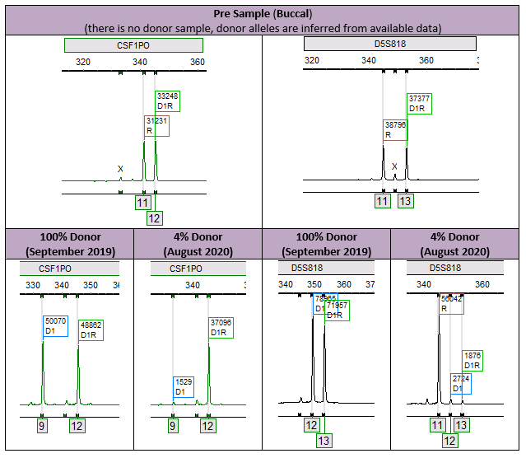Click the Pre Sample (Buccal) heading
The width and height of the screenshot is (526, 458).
[x=263, y=12]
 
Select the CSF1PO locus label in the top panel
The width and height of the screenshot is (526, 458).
[x=122, y=45]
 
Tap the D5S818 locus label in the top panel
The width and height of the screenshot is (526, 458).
[x=389, y=44]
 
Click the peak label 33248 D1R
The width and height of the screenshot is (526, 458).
[x=167, y=100]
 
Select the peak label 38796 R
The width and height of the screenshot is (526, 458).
[x=394, y=130]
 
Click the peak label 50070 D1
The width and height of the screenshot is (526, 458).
[x=55, y=325]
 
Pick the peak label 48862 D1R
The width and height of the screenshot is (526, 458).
[x=90, y=329]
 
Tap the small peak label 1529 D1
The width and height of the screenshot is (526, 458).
[x=184, y=387]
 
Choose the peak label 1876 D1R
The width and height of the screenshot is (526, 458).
[x=472, y=360]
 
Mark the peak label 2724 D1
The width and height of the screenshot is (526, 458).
[x=461, y=382]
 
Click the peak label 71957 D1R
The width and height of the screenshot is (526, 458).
[x=337, y=310]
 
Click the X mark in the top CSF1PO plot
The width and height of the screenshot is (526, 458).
[x=120, y=169]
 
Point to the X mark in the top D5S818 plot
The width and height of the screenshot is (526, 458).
[x=394, y=166]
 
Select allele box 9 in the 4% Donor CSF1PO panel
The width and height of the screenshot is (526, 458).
[x=172, y=426]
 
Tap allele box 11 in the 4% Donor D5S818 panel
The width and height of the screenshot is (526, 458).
[x=437, y=425]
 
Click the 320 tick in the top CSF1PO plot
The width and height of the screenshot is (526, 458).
[x=83, y=61]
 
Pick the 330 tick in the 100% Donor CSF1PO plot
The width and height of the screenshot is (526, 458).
[x=33, y=285]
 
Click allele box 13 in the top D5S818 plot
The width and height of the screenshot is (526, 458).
[x=405, y=201]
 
